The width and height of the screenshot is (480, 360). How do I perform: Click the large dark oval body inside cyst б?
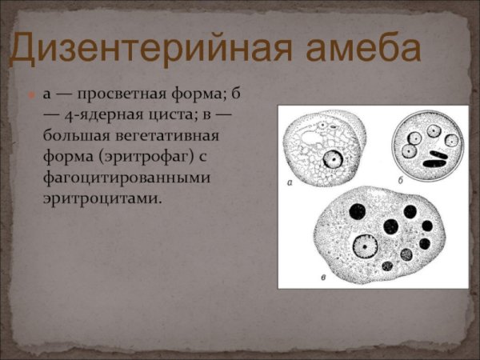point(436,162)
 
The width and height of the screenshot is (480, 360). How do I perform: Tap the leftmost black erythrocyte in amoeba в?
point(357,210)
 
